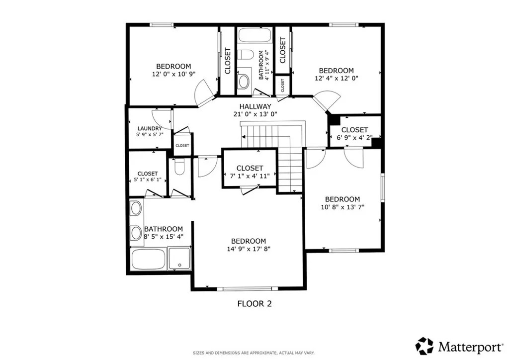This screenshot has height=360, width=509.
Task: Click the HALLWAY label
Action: pyautogui.click(x=255, y=106)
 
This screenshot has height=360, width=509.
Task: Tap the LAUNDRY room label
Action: pyautogui.click(x=150, y=129)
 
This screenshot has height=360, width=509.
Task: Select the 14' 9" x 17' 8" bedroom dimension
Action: pyautogui.click(x=249, y=249)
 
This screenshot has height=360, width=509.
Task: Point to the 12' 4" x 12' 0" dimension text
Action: pyautogui.click(x=337, y=78)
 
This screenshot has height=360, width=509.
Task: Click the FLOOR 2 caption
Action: pyautogui.click(x=254, y=304)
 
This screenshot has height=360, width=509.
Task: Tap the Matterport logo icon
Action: pyautogui.click(x=424, y=346)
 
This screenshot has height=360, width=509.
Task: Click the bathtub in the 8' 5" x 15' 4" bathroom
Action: pyautogui.click(x=148, y=259)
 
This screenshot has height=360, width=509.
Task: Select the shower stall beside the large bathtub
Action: pyautogui.click(x=179, y=259)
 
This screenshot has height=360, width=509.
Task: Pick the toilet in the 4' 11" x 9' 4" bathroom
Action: pyautogui.click(x=245, y=55)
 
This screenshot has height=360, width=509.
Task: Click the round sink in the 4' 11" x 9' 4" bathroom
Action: pyautogui.click(x=243, y=82)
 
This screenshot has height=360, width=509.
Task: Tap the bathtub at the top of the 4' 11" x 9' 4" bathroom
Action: pyautogui.click(x=255, y=35)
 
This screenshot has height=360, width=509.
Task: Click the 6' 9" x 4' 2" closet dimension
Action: pyautogui.click(x=354, y=138)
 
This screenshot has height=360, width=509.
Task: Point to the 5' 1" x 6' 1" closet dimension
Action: pyautogui.click(x=148, y=180)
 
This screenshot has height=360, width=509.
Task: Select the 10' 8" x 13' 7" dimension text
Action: pyautogui.click(x=342, y=207)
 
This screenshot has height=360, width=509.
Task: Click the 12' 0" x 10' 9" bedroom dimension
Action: pyautogui.click(x=173, y=74)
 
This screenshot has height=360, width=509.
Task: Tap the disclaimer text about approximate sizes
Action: pyautogui.click(x=254, y=353)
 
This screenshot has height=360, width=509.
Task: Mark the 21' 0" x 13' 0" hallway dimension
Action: pyautogui.click(x=255, y=114)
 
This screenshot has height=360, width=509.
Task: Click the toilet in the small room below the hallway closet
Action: pyautogui.click(x=179, y=167)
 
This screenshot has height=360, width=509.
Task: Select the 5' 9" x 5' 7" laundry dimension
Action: pyautogui.click(x=150, y=134)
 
